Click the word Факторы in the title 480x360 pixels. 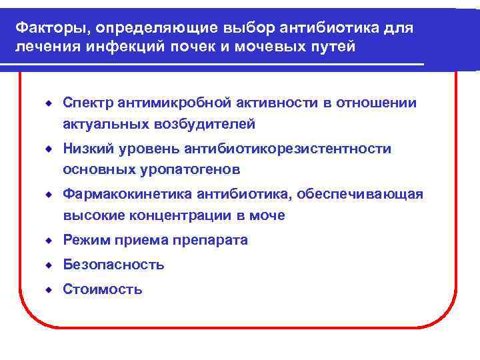point(45,29)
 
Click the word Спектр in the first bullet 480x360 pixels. point(88,103)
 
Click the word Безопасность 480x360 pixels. point(113,265)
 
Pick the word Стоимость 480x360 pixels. point(103,289)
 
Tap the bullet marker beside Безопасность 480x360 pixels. point(49,265)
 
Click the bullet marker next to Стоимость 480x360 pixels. point(49,289)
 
